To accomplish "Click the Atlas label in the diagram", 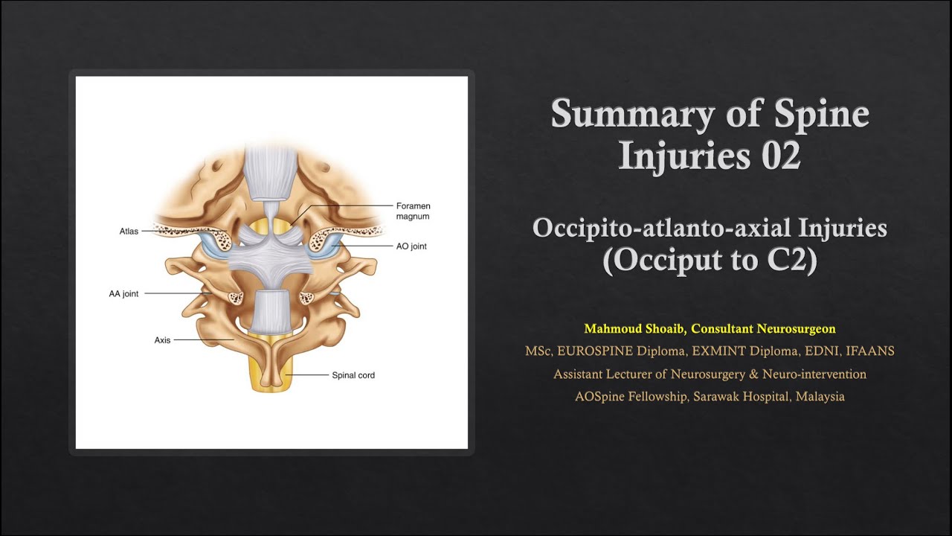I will point(129,232).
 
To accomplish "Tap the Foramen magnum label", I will point(413,211).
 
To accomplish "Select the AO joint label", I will point(411,246).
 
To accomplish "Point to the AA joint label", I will point(123,294).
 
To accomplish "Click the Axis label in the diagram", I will point(162,340).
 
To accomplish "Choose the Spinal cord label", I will point(353,375).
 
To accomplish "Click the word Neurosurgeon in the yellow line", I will point(797,328).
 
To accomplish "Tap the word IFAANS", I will point(870,351).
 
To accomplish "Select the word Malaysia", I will point(820,396).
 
